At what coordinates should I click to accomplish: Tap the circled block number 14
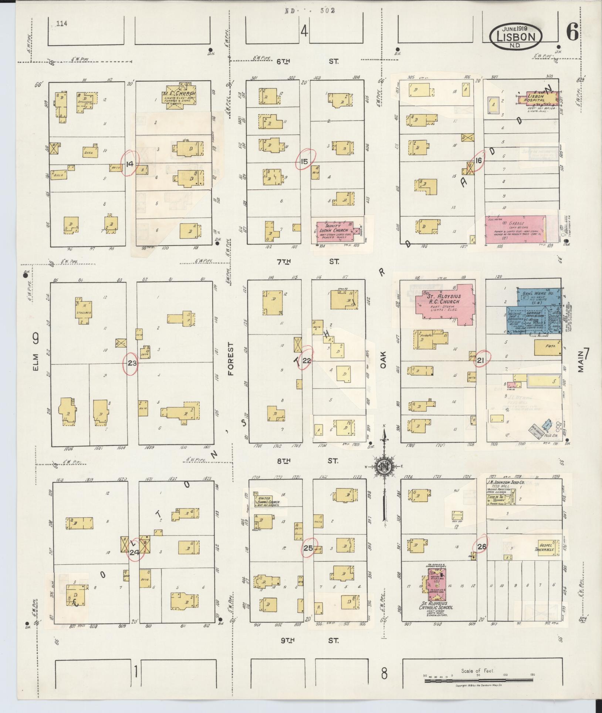tap(129, 164)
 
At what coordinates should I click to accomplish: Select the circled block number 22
tap(307, 360)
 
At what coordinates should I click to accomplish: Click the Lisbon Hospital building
tap(537, 99)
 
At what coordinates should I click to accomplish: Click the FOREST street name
tap(231, 359)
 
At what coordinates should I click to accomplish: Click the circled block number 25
tap(308, 548)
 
